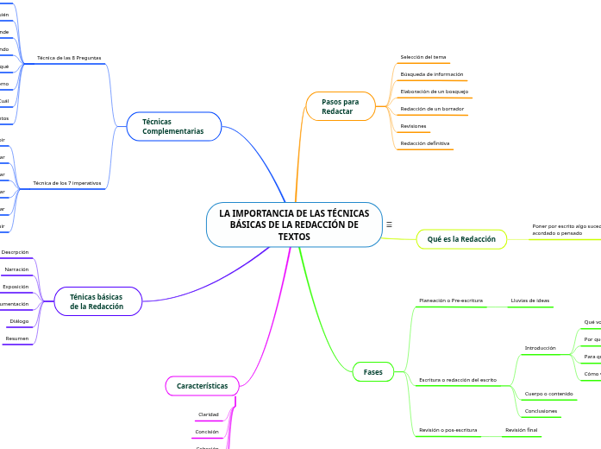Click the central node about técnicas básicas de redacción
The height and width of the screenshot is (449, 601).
point(294,224)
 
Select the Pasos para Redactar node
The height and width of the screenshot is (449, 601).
point(341,106)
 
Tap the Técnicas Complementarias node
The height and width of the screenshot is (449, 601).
point(173,126)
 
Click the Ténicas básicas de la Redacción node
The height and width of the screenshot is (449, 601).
point(97,301)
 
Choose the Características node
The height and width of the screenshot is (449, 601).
point(202,386)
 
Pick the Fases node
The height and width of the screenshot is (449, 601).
point(372,371)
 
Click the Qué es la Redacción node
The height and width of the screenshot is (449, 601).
point(461,239)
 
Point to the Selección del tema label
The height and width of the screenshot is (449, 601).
point(423,57)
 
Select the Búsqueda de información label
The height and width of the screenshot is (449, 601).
point(432,74)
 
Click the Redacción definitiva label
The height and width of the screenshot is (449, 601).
point(425,143)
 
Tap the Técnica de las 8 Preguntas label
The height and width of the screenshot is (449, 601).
point(69,58)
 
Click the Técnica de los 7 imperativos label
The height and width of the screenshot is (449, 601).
point(66,183)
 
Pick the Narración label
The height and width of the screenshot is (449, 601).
point(17,269)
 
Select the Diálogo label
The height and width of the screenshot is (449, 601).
point(19,321)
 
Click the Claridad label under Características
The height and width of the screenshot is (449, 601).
point(208,414)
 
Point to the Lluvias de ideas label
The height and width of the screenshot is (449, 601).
point(529,300)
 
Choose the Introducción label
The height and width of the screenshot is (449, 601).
point(540,348)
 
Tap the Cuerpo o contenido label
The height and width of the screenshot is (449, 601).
point(548,394)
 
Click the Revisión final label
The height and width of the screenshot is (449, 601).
point(521,429)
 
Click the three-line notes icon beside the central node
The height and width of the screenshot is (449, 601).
point(390,224)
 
